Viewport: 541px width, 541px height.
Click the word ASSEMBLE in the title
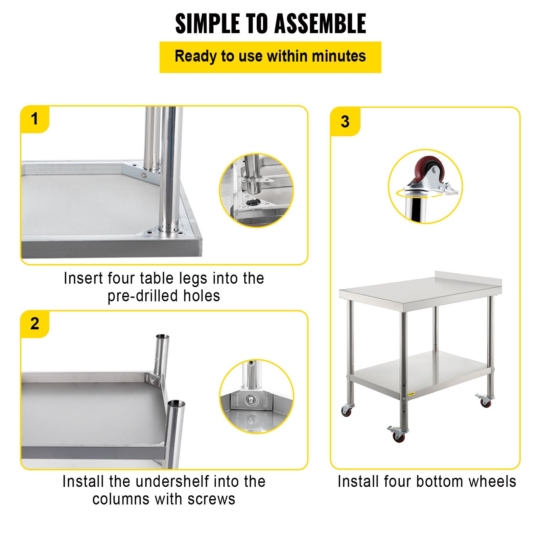pyautogui.click(x=320, y=24)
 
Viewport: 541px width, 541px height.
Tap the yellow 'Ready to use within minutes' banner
pyautogui.click(x=270, y=57)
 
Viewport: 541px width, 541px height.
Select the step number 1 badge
pyautogui.click(x=34, y=119)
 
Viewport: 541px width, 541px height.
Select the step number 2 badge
pyautogui.click(x=34, y=324)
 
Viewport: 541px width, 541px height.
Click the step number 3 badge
pyautogui.click(x=345, y=122)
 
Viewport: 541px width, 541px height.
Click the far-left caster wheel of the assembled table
pyautogui.click(x=346, y=410)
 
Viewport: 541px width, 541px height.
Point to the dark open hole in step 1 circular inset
pyautogui.click(x=252, y=203)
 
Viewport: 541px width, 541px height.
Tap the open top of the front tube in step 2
pyautogui.click(x=176, y=403)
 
